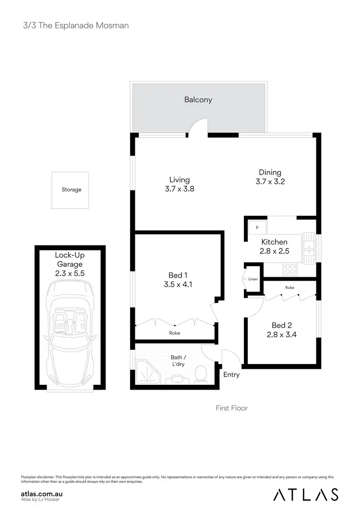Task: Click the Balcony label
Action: [198, 100]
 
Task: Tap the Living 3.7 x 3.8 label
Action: [179, 184]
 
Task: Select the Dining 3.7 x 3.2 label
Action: [270, 177]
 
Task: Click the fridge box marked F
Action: [257, 227]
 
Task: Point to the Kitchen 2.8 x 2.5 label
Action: [274, 247]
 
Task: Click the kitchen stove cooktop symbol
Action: [290, 269]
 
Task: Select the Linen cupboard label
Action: [252, 279]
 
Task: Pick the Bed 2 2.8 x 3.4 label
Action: [281, 331]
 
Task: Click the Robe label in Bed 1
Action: [175, 333]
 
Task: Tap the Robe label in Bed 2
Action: [289, 288]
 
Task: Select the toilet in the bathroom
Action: [201, 374]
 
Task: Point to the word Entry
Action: [231, 375]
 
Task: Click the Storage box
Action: [71, 190]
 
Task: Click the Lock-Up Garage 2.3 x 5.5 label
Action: [70, 264]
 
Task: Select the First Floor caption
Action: [231, 408]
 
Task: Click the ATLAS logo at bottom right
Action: [305, 494]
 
